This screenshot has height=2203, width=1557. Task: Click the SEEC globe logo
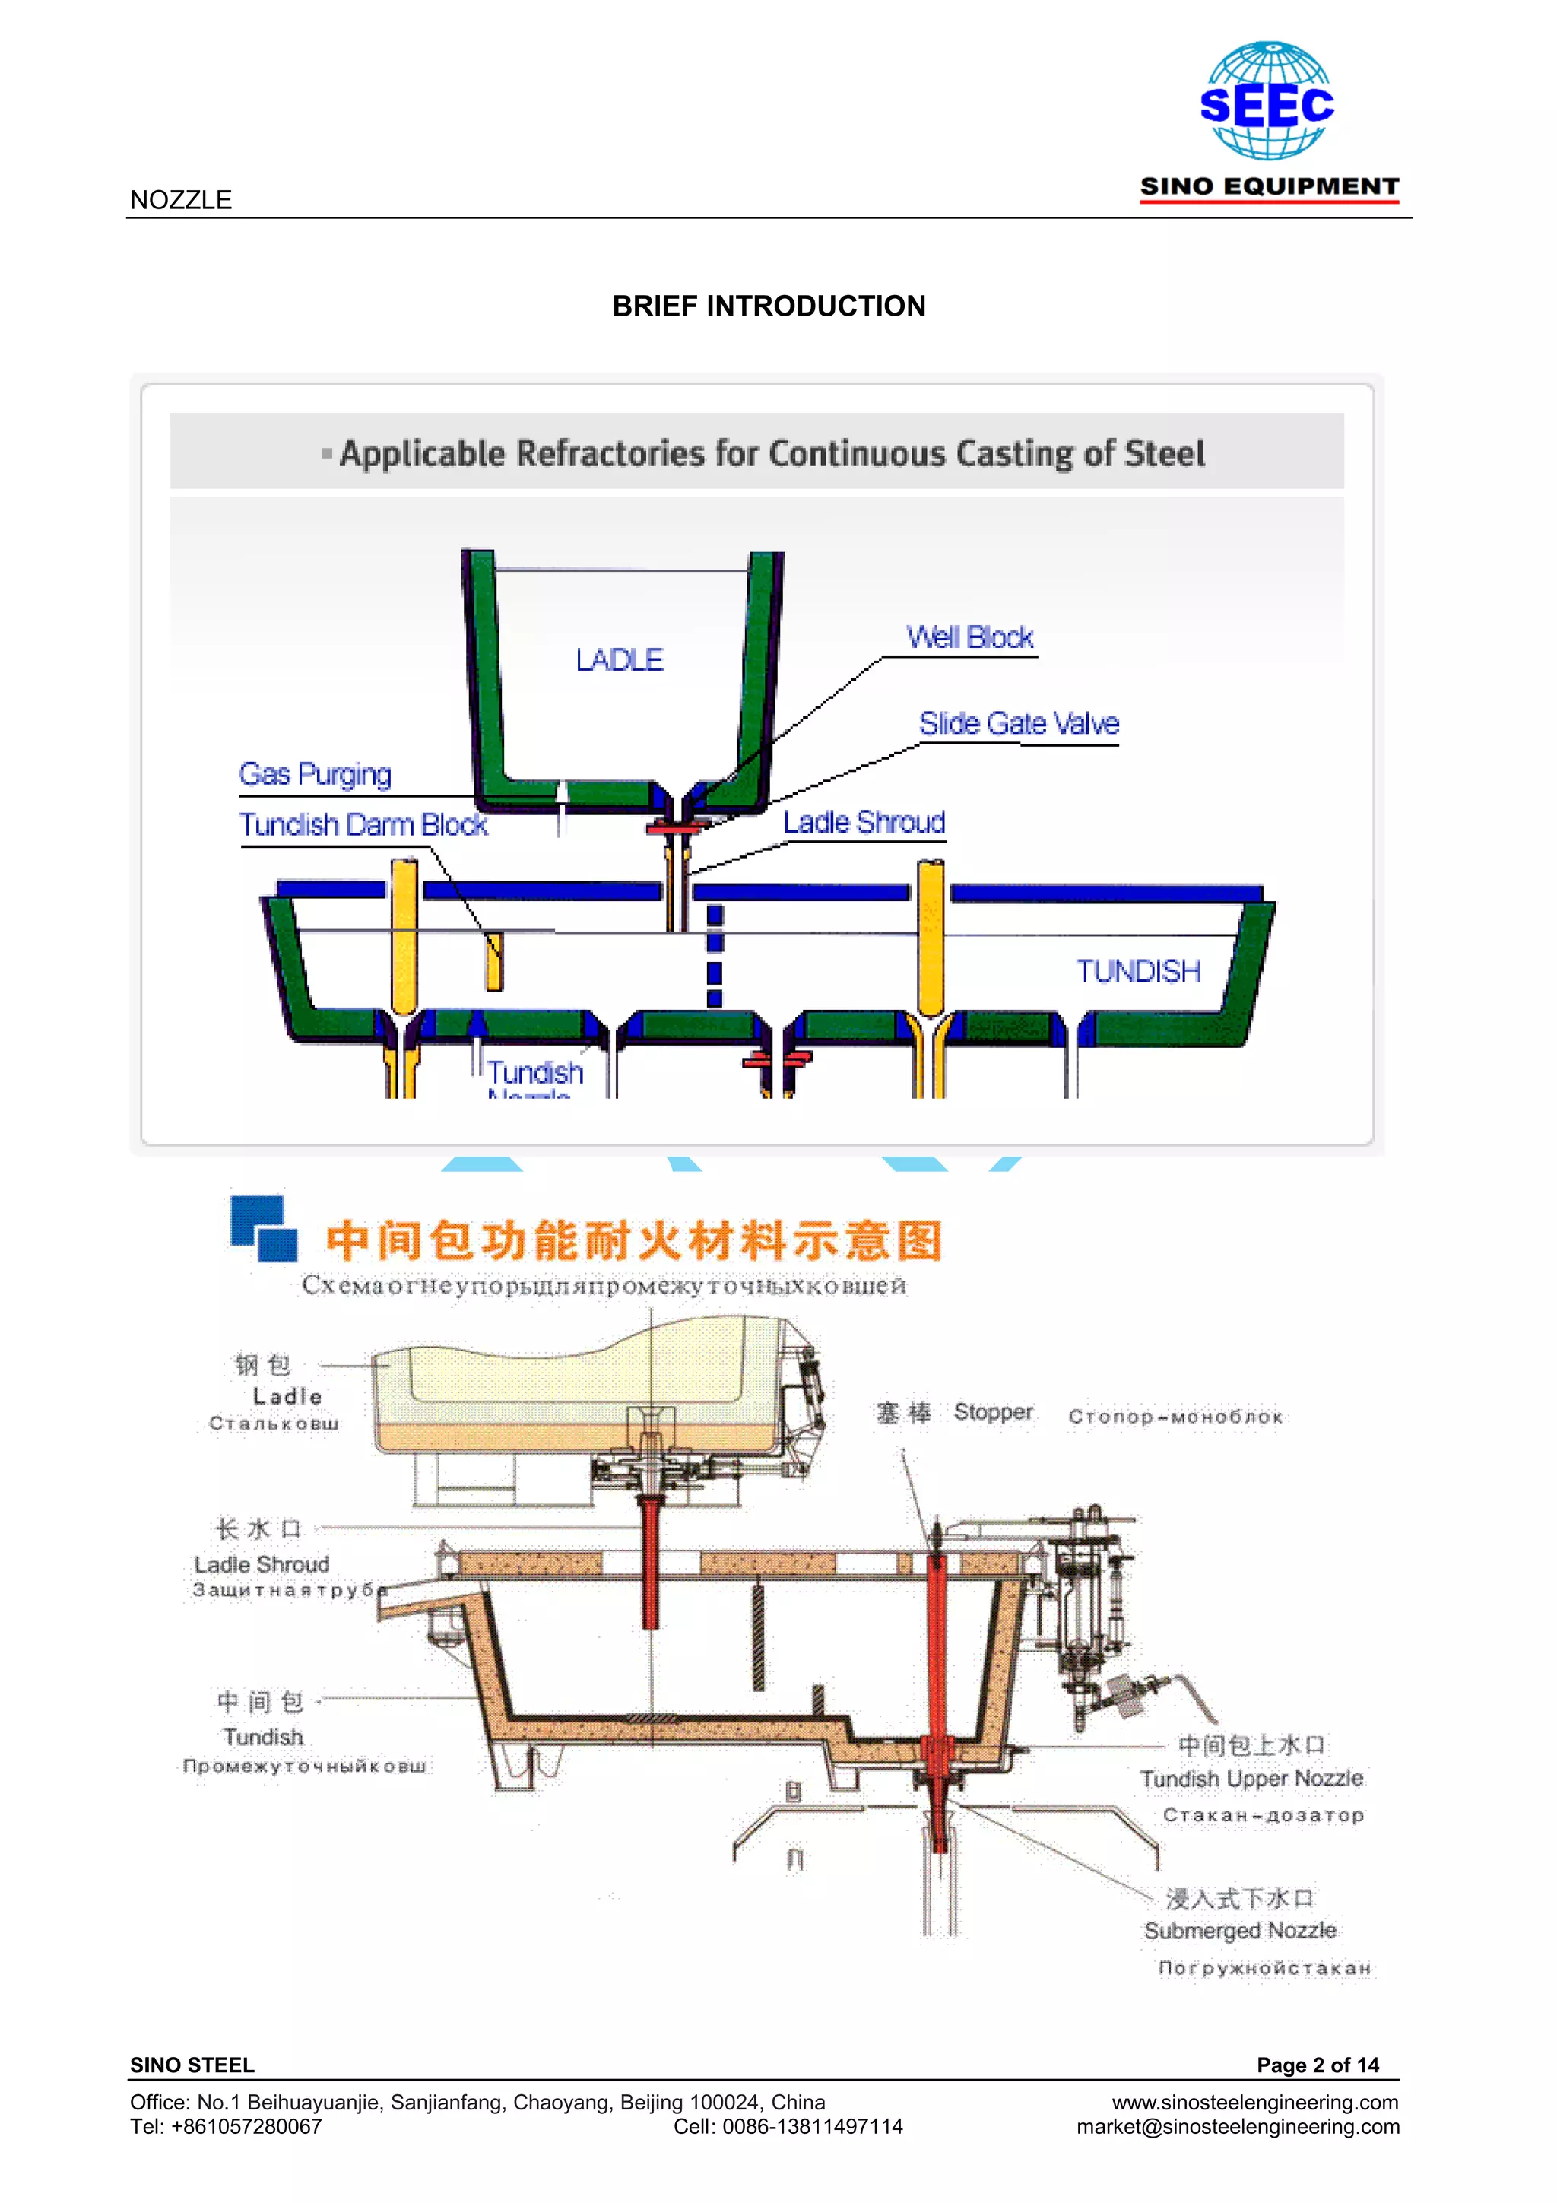click(1267, 100)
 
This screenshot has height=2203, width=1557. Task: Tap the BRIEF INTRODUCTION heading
click(769, 306)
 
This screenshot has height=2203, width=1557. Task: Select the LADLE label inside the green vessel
click(619, 660)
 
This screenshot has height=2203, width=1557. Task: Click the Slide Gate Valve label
click(1019, 723)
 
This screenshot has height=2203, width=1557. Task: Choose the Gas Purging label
click(315, 773)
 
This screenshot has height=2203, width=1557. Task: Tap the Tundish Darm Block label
click(363, 824)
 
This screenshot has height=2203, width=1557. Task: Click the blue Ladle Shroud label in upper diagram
click(864, 822)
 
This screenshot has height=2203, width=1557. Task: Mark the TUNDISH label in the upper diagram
click(1138, 971)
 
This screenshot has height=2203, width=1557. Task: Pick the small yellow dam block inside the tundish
click(493, 960)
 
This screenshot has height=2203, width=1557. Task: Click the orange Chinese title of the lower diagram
click(634, 1240)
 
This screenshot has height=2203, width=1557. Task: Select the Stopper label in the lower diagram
click(993, 1412)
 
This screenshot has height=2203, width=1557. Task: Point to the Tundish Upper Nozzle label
click(1251, 1779)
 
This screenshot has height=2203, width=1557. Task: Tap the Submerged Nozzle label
click(1239, 1931)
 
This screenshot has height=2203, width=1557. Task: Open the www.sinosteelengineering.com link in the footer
click(1255, 2103)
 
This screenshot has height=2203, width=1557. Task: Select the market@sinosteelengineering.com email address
click(1238, 2126)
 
